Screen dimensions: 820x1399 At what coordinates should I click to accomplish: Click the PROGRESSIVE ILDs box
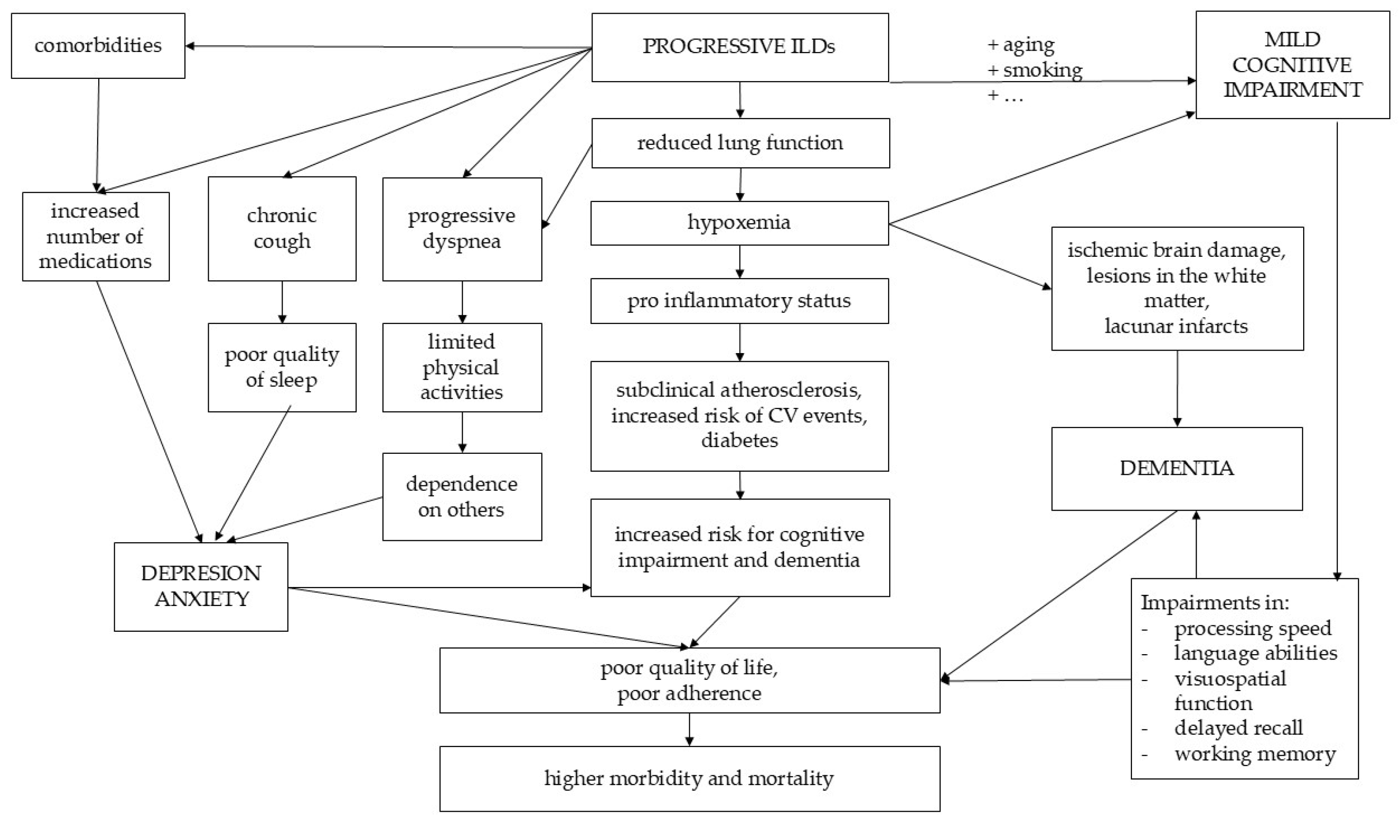pos(739,47)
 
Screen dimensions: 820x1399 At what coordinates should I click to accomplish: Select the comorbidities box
pos(98,46)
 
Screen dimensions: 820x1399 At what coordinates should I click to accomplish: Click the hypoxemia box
pos(739,223)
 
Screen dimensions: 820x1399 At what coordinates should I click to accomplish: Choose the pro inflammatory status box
pos(739,301)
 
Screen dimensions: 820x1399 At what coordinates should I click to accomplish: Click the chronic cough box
pos(282,228)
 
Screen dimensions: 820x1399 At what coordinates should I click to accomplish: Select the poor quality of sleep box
pos(282,367)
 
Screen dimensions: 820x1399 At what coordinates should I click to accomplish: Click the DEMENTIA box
pos(1176,468)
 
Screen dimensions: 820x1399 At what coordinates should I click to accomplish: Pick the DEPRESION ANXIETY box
pos(200,586)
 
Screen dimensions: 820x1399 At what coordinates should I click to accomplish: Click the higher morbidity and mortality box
pos(689,778)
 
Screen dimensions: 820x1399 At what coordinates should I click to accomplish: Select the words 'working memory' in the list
pos(1255,753)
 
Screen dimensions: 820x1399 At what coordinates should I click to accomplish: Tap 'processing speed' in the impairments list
pos(1253,628)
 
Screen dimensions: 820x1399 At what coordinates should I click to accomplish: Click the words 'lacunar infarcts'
pos(1176,326)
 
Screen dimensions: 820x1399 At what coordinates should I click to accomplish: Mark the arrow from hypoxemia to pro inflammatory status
pos(739,262)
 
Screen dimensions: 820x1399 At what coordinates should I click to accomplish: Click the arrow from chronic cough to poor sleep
pos(282,302)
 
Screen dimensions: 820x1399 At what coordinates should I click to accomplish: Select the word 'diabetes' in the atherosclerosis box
pos(739,440)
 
